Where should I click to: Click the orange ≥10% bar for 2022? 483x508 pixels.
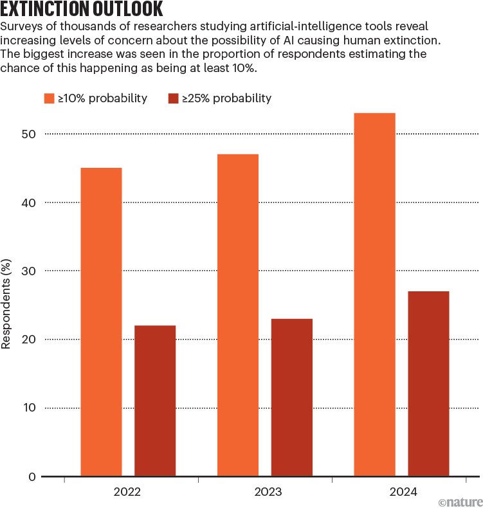101,322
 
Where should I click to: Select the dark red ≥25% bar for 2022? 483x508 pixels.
155,401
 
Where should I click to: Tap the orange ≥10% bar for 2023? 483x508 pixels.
238,315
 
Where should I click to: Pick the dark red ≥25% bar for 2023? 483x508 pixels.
292,397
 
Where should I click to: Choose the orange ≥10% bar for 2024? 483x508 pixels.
375,295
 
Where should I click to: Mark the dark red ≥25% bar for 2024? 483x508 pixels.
428,384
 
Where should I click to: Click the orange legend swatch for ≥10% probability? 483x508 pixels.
50,98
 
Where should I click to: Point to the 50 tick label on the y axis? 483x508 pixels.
29,134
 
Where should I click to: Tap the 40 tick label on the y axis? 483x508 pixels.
29,203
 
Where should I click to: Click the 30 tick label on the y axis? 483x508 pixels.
29,271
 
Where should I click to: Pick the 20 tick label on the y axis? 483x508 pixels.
29,340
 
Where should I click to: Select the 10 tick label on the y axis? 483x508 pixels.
29,408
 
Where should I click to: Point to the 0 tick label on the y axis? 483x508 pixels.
32,476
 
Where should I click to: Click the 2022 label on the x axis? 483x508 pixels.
128,493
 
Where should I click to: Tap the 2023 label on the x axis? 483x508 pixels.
265,493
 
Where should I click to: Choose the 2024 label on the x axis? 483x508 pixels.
402,493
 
